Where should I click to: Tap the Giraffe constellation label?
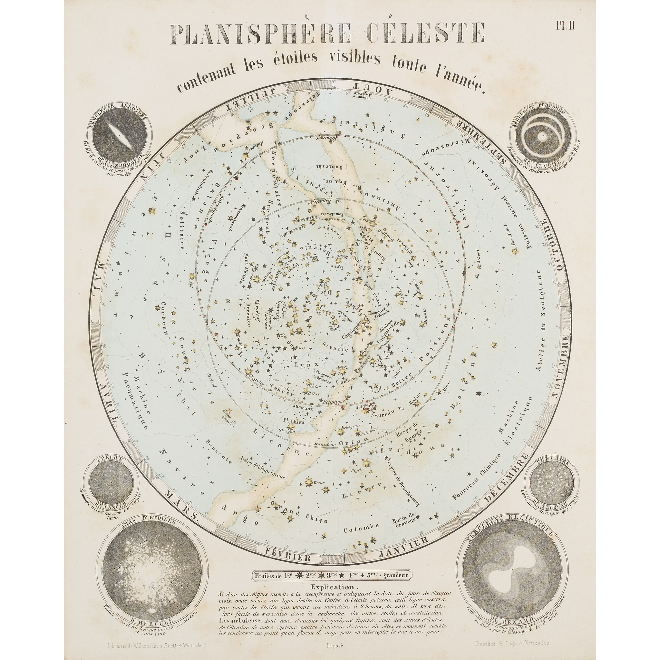tap(337, 349)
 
